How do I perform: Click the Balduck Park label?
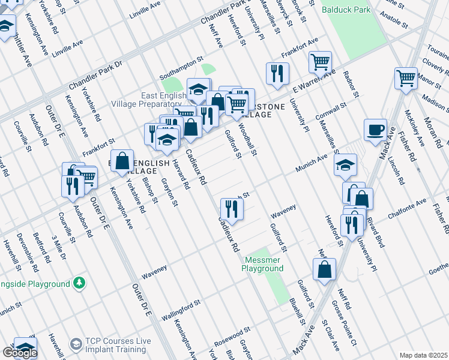(x=346, y=10)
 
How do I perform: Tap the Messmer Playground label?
(x=263, y=265)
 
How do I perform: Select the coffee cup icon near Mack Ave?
(x=376, y=130)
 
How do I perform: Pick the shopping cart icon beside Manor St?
(x=406, y=78)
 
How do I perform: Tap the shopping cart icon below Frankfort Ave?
(x=321, y=62)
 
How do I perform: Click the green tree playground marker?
(x=79, y=282)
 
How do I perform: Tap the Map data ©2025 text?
(x=423, y=355)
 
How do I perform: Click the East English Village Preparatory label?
(x=145, y=100)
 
